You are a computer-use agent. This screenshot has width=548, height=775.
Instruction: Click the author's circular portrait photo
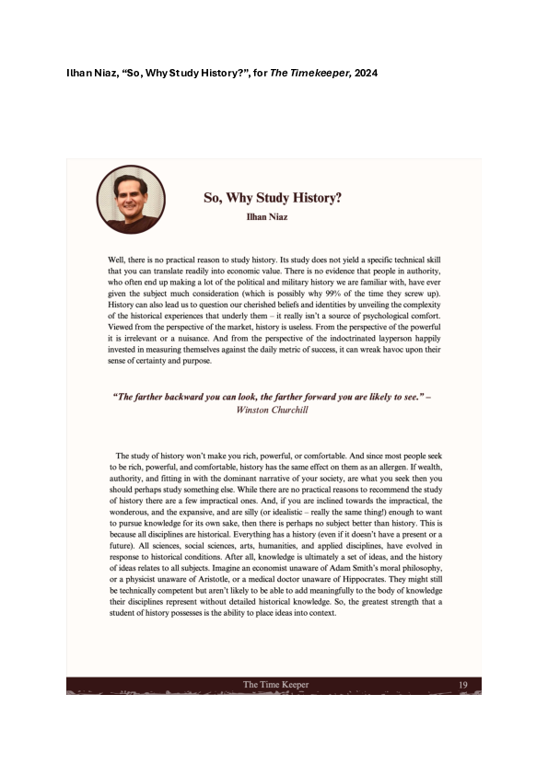click(131, 199)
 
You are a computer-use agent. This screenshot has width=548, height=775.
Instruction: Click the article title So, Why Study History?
click(273, 197)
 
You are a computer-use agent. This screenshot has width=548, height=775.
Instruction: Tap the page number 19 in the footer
click(463, 685)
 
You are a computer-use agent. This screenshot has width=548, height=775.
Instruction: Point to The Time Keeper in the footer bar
click(275, 685)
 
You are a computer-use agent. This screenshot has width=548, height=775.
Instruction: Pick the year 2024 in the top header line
click(363, 72)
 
